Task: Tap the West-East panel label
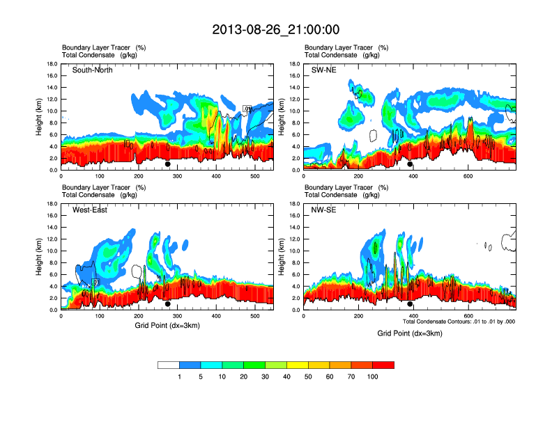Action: [90, 210]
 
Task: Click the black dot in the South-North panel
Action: [168, 164]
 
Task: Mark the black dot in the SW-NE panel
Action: [411, 164]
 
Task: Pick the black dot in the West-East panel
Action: [168, 304]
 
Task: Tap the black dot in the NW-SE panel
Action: [411, 304]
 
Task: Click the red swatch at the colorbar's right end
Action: [383, 365]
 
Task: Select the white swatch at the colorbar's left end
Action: [169, 365]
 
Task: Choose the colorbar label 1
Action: [180, 377]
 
